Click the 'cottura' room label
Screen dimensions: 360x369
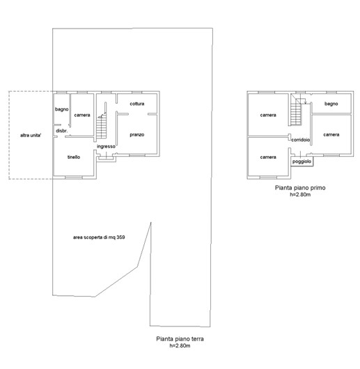[x=137, y=104]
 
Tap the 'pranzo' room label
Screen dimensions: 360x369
[x=137, y=135]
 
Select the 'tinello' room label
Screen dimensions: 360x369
[x=74, y=157]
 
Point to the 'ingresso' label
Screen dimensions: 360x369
[x=106, y=146]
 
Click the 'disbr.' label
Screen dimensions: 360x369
[x=62, y=131]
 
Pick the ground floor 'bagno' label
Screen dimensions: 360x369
[x=62, y=109]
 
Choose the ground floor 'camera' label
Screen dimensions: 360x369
[x=82, y=115]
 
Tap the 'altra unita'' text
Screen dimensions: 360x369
[x=31, y=135]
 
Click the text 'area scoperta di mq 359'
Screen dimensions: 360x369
[x=99, y=237]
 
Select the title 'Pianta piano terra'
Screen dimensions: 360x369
[x=180, y=339]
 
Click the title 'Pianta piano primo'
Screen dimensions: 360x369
[x=300, y=188]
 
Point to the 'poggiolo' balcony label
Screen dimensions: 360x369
[x=302, y=162]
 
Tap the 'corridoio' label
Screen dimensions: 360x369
[x=301, y=140]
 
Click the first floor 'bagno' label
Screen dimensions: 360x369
[x=331, y=104]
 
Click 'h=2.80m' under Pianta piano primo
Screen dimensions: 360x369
[x=300, y=194]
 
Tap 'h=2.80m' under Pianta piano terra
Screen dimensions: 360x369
[x=180, y=345]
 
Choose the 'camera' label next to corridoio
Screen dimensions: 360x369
[x=331, y=135]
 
